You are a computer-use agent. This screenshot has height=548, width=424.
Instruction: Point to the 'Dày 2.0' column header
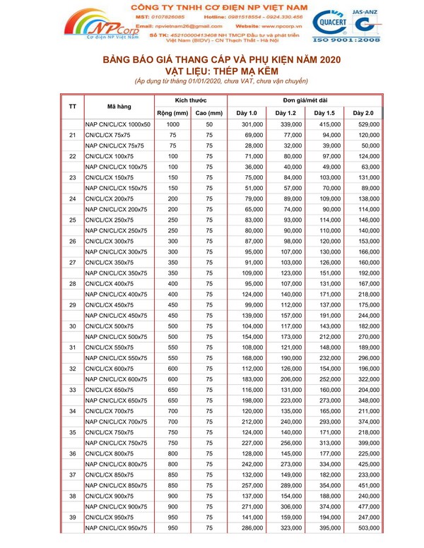(x=363, y=113)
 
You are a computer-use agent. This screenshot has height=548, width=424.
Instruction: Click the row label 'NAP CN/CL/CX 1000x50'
(x=118, y=125)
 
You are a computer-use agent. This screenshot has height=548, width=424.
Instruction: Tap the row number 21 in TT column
(x=73, y=135)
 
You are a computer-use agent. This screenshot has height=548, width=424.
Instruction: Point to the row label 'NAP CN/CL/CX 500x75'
(x=116, y=338)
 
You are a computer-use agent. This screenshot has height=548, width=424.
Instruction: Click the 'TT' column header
(x=73, y=107)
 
